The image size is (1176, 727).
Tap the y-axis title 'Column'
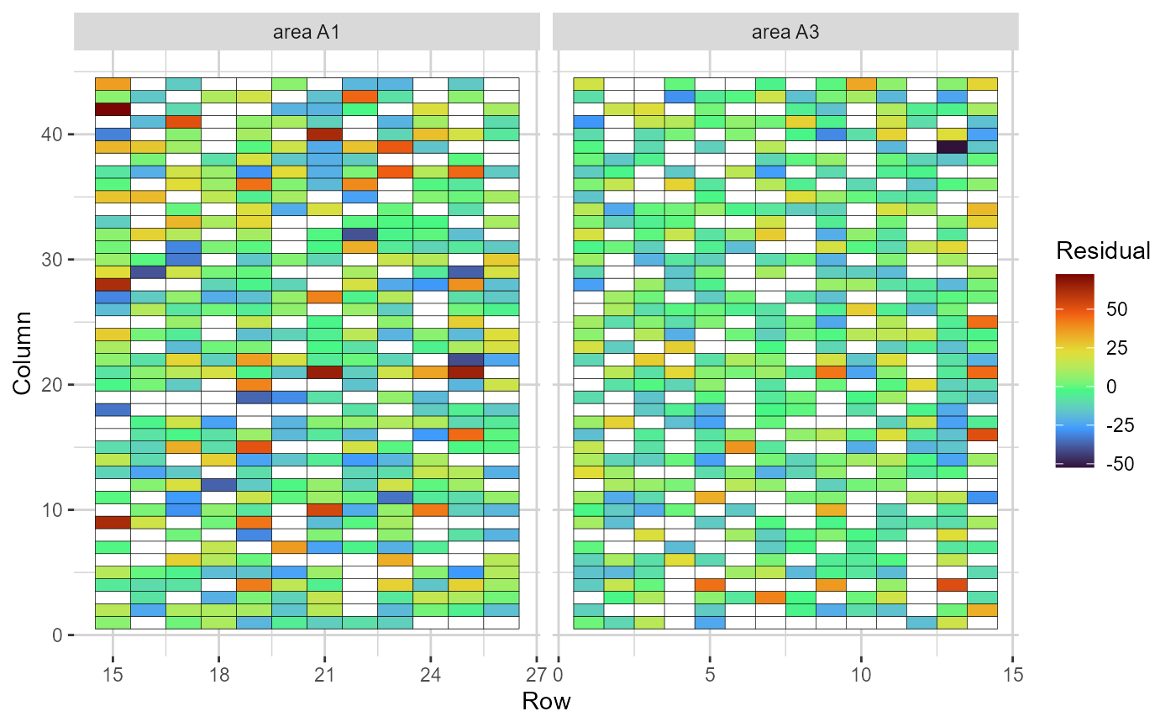[24, 352]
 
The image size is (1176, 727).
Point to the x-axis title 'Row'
[546, 701]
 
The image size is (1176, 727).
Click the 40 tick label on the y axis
[52, 134]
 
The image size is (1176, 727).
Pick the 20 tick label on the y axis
[52, 384]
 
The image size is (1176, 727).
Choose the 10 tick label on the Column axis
[52, 509]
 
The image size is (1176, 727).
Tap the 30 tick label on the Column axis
[52, 259]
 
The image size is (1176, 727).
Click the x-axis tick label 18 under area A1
[218, 675]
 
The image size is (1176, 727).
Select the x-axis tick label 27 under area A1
[536, 675]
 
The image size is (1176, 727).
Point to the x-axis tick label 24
[430, 675]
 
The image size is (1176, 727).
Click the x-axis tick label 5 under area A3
[710, 675]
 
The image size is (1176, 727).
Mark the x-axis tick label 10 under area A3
[861, 675]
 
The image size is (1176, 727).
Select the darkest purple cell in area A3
[952, 146]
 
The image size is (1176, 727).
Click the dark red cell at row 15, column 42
[113, 108]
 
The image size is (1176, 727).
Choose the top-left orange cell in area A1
[113, 83]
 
